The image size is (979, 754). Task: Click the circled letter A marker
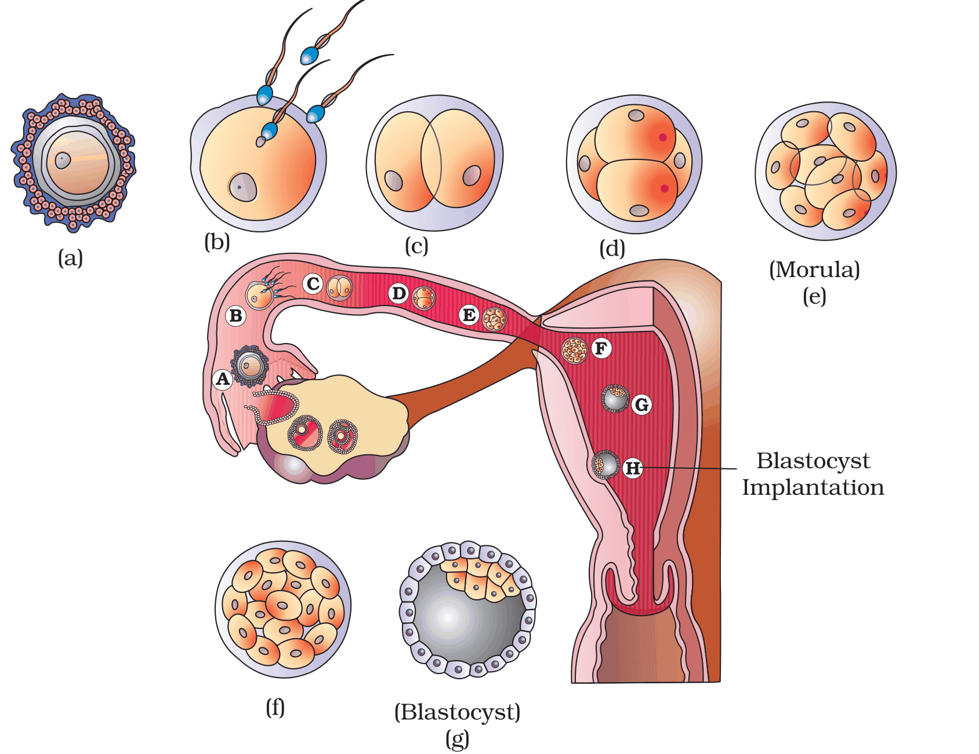pyautogui.click(x=223, y=380)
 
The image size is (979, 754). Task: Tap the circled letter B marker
pyautogui.click(x=235, y=316)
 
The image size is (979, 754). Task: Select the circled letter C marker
pyautogui.click(x=313, y=284)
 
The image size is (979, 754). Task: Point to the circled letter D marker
pyautogui.click(x=398, y=294)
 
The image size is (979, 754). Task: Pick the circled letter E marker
pyautogui.click(x=469, y=315)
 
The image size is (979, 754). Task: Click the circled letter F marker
pyautogui.click(x=601, y=349)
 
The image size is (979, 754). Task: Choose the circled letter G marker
pyautogui.click(x=641, y=405)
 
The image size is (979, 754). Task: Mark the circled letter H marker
pyautogui.click(x=633, y=468)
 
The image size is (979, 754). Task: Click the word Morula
pyautogui.click(x=814, y=269)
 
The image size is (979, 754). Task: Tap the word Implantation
pyautogui.click(x=813, y=488)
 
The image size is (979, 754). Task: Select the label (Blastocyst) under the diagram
pyautogui.click(x=457, y=712)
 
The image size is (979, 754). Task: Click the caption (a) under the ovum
pyautogui.click(x=70, y=258)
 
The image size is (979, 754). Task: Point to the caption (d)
pyautogui.click(x=612, y=249)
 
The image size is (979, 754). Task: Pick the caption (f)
pyautogui.click(x=275, y=707)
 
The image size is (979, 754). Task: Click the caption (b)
pyautogui.click(x=217, y=241)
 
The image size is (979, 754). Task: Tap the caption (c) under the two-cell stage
pyautogui.click(x=416, y=246)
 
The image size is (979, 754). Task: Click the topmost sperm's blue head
pyautogui.click(x=309, y=56)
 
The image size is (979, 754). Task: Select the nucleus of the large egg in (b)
pyautogui.click(x=242, y=187)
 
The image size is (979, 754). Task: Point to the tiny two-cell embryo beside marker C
pyautogui.click(x=339, y=287)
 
